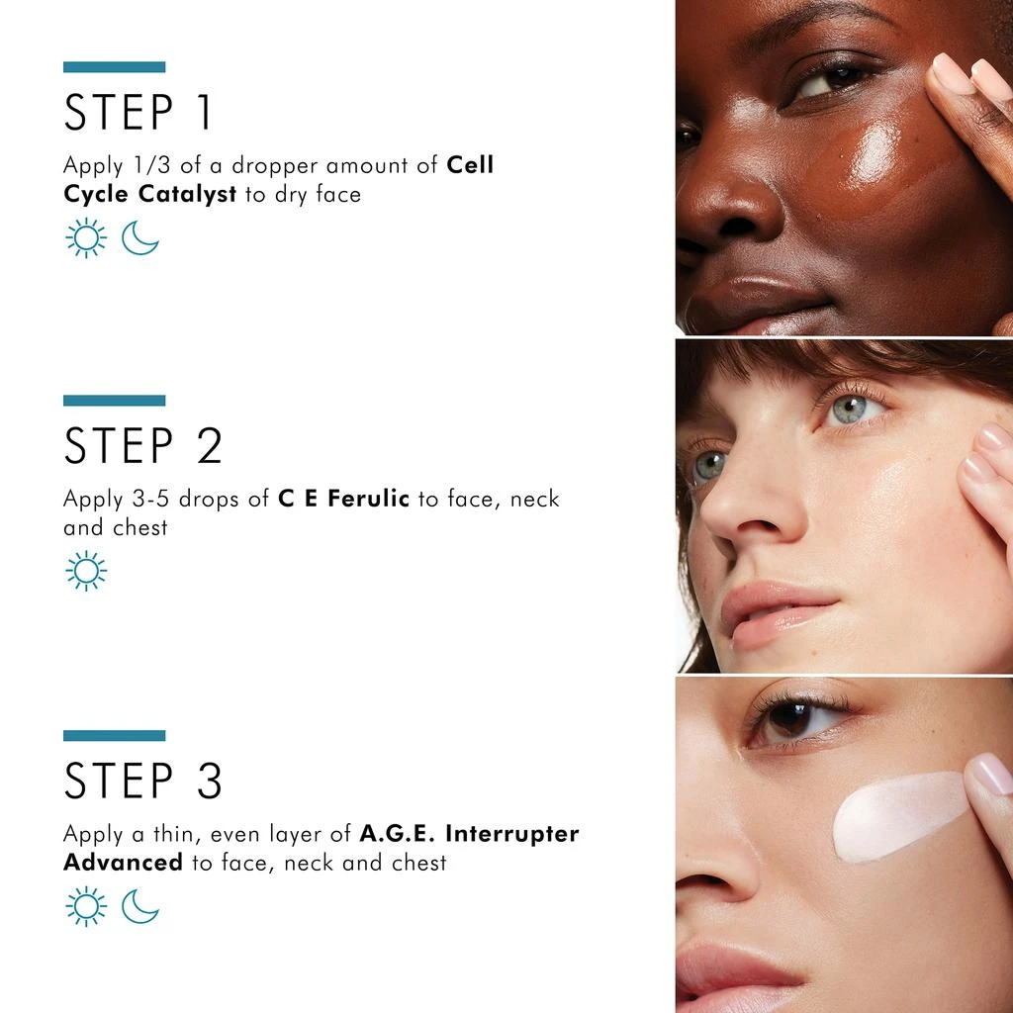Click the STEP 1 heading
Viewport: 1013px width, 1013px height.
138,112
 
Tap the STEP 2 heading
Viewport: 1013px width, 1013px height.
142,446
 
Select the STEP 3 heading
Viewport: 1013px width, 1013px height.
142,782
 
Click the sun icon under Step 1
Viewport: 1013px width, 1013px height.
86,238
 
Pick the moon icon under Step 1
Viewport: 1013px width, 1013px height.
140,238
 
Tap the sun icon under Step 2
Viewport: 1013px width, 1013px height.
86,572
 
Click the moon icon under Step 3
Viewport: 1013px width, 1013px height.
140,906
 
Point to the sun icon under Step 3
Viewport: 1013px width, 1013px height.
86,906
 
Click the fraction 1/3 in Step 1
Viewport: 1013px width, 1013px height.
146,165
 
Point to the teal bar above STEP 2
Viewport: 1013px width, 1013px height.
114,401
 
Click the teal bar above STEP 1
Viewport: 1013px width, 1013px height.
114,67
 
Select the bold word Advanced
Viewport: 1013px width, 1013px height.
123,862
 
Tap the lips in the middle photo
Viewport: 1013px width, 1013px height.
777,613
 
